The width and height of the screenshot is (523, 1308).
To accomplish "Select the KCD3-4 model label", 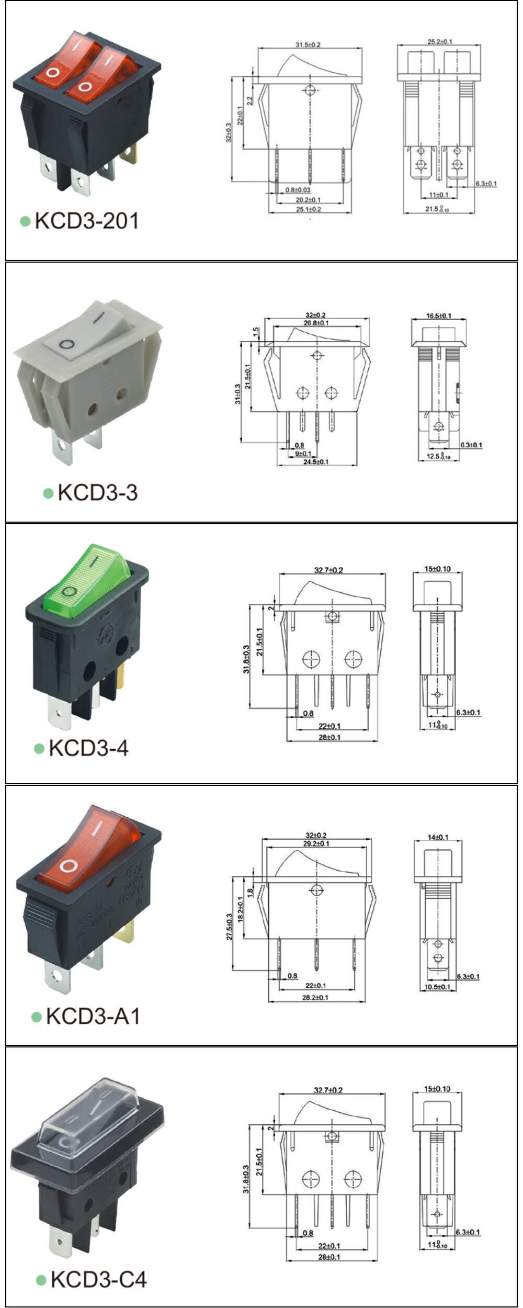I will [x=88, y=748].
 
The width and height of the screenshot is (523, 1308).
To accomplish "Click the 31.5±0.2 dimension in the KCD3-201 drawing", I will [x=308, y=45].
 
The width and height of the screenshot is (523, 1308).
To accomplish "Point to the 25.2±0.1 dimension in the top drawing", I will [x=440, y=41].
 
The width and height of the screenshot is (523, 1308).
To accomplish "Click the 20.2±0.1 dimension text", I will [x=308, y=200].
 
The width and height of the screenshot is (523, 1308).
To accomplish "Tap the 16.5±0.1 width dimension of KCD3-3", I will [x=438, y=315].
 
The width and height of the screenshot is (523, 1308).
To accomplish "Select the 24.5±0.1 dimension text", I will [x=315, y=461].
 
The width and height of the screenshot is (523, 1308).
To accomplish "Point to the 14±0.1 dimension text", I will [x=438, y=837].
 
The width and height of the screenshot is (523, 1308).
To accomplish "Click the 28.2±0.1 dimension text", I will [x=315, y=997].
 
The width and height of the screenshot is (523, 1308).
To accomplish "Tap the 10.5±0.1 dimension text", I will [x=438, y=986].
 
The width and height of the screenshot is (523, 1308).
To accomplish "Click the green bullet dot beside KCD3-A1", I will [x=37, y=1017].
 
